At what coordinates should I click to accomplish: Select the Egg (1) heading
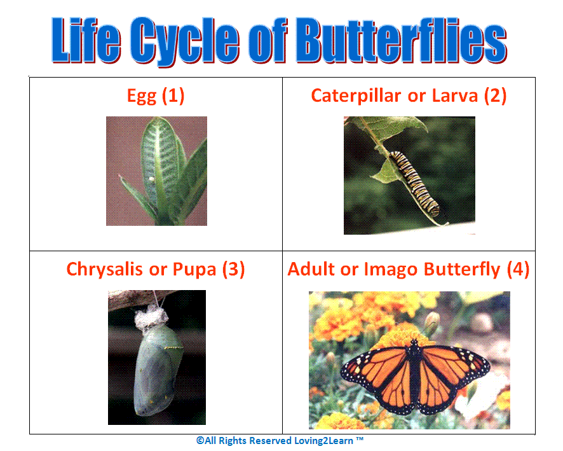click(x=156, y=96)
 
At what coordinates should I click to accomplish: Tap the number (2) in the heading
click(x=495, y=96)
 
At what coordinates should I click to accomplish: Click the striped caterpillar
click(x=414, y=182)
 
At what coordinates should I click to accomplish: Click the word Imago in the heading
click(x=388, y=269)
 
